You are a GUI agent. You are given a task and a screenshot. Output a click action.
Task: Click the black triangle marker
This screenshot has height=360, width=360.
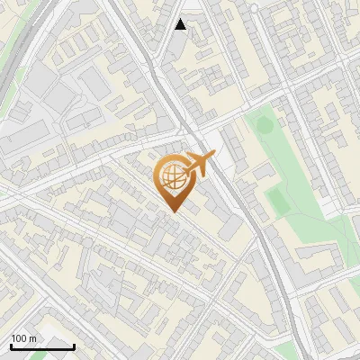(181, 24)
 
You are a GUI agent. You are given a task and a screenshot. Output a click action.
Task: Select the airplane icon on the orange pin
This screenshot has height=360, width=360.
(200, 162)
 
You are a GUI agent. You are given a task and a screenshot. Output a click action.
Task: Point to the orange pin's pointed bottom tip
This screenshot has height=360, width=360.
(173, 211)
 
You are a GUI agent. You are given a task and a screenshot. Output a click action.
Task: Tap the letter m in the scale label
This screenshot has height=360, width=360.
(33, 338)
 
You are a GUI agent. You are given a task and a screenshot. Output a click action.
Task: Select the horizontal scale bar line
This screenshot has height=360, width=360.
(42, 346)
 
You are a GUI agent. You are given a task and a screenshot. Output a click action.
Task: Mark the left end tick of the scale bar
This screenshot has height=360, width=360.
(11, 346)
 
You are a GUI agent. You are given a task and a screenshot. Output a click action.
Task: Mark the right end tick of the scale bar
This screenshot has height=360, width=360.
(74, 346)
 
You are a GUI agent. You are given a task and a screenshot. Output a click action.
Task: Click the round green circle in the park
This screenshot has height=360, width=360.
(263, 125)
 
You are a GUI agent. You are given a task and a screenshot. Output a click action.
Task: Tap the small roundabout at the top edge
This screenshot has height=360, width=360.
(254, 8)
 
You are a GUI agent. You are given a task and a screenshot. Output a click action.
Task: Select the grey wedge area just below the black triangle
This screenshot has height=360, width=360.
(176, 45)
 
